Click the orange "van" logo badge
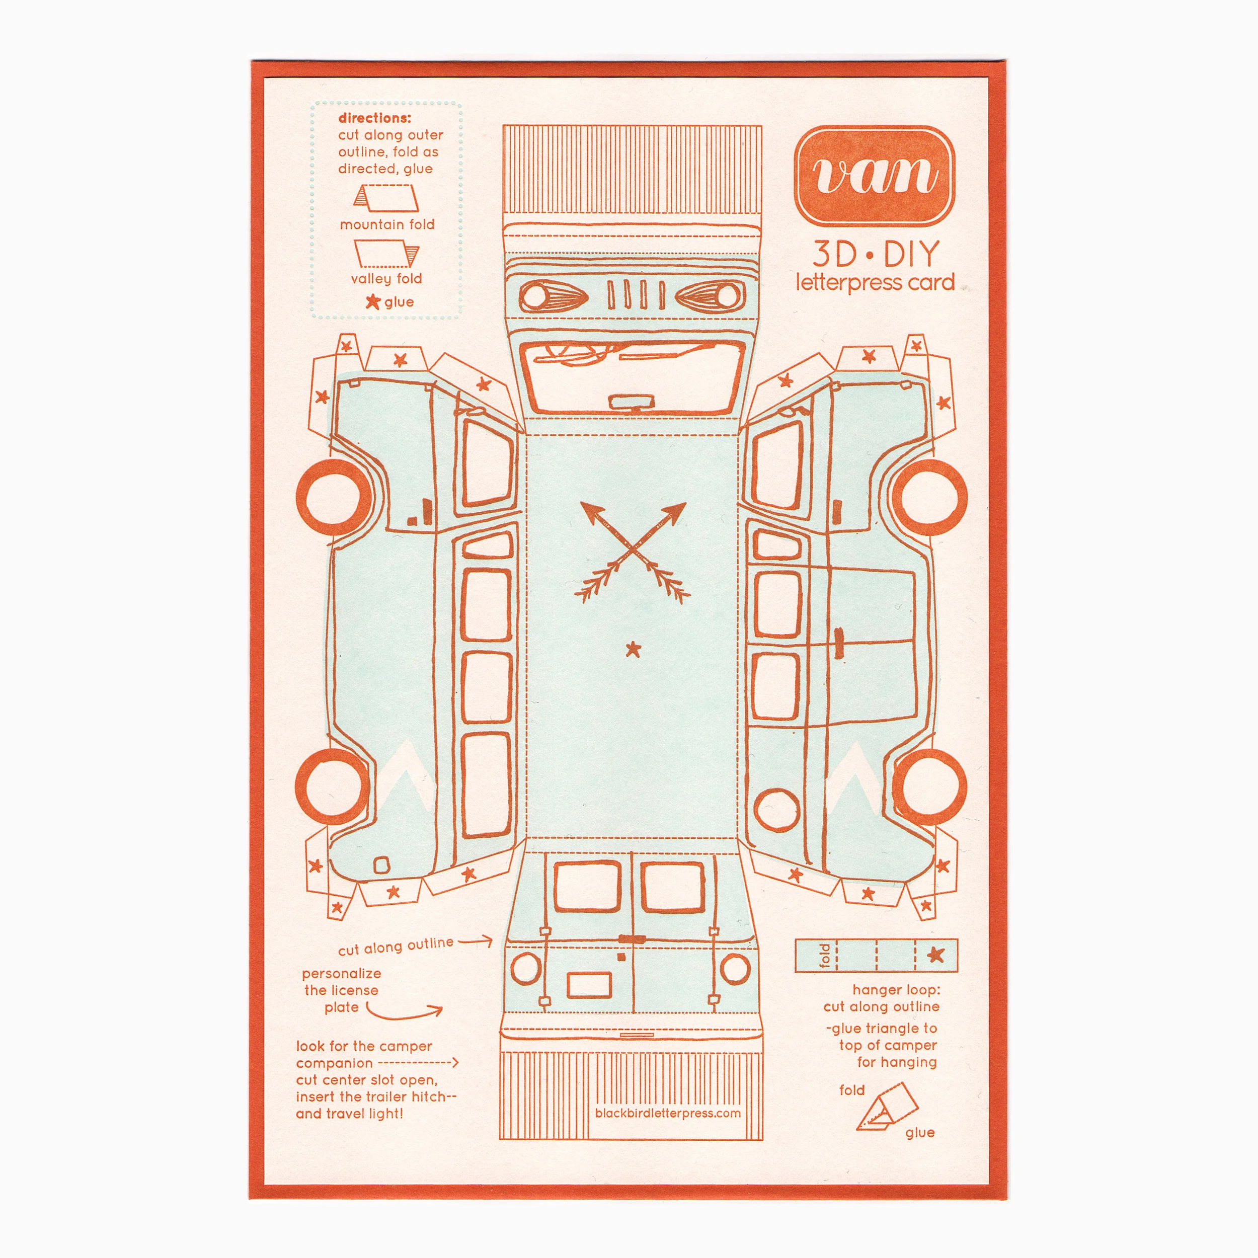click(875, 175)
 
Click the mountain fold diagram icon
click(385, 198)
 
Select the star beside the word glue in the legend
click(372, 301)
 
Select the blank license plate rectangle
click(589, 985)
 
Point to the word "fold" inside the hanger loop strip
click(825, 955)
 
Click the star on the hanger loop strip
click(935, 955)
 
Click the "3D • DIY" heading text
click(875, 254)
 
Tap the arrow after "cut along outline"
click(476, 941)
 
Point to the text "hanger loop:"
click(896, 990)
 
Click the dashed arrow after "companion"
click(418, 1063)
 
